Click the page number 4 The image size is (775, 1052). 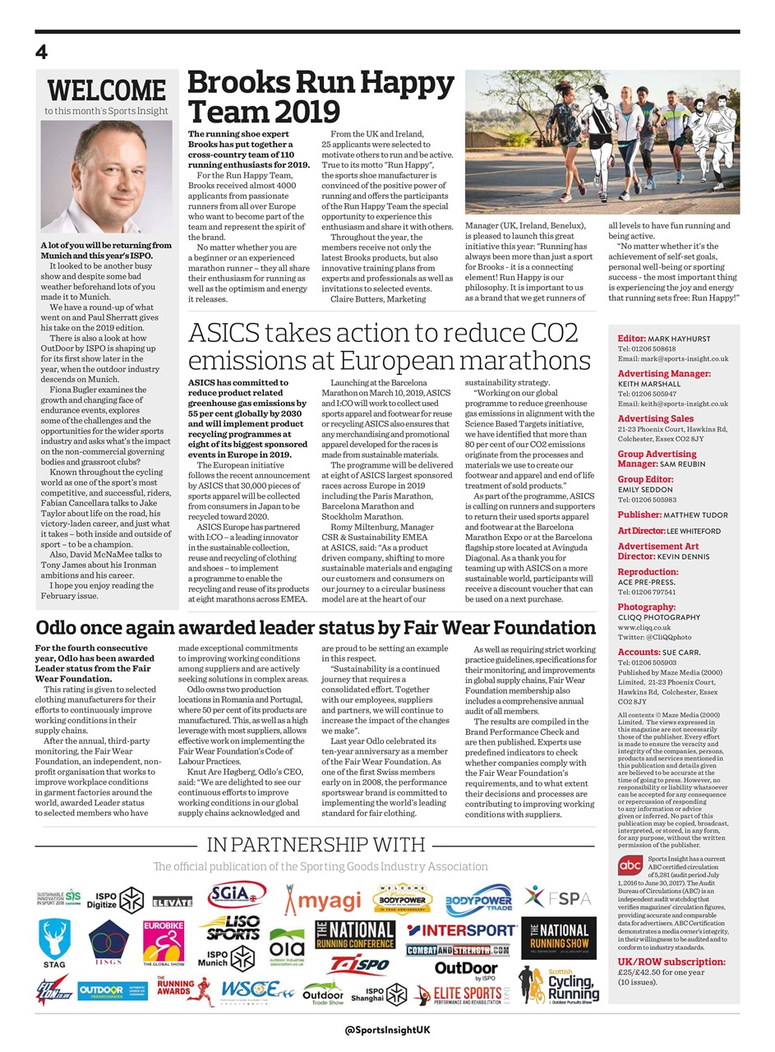point(41,53)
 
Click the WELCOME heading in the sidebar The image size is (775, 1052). point(106,90)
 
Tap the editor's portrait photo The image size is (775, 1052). point(106,176)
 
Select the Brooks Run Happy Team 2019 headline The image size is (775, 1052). point(321,97)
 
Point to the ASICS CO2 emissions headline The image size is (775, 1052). point(389,347)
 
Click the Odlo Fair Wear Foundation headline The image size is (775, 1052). point(315,628)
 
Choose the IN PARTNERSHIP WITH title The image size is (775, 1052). point(316,845)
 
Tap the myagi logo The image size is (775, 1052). point(322,899)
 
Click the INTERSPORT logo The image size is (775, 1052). point(461,930)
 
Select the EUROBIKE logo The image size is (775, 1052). point(163,942)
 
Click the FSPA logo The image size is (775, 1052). point(558,897)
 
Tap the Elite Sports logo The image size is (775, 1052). point(463,995)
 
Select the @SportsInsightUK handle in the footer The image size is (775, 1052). point(387,1030)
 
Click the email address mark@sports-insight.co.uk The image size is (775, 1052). point(672,358)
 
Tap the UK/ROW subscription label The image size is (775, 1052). point(667,961)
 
